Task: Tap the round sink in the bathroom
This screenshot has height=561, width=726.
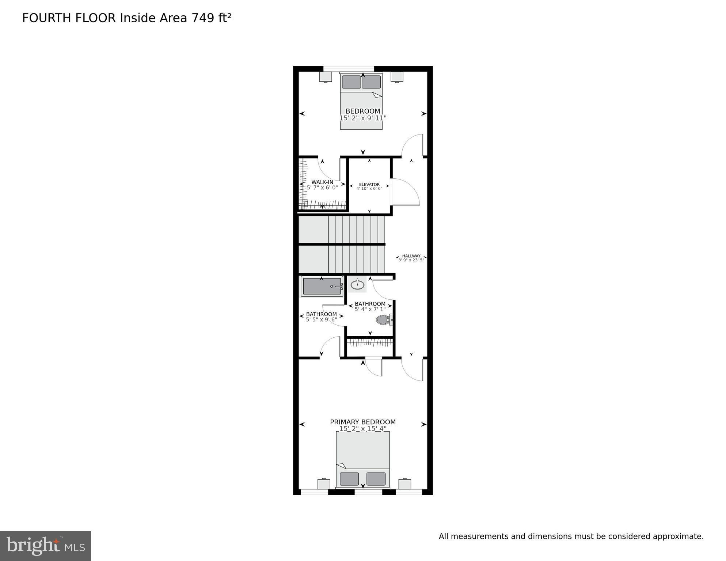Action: click(357, 284)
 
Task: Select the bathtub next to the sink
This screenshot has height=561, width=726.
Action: click(322, 286)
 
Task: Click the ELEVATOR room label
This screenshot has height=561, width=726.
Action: click(369, 185)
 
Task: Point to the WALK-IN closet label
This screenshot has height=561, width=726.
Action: click(322, 182)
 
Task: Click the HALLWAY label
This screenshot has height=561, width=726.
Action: click(411, 256)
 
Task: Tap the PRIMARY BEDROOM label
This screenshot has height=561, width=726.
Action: click(363, 422)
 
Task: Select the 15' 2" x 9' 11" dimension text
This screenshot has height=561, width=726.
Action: click(363, 118)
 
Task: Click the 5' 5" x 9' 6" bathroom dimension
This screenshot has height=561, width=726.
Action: click(322, 319)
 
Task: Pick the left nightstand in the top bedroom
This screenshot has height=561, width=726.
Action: click(326, 77)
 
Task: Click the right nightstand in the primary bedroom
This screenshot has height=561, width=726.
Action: click(405, 484)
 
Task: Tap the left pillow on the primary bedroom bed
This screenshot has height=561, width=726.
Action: click(349, 479)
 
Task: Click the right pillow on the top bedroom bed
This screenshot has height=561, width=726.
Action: click(371, 82)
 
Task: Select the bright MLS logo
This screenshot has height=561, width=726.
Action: click(45, 546)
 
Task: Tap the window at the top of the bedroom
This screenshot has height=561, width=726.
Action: click(349, 69)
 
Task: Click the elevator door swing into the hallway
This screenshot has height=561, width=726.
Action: click(406, 192)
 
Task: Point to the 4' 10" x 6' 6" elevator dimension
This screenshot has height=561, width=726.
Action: click(369, 189)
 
